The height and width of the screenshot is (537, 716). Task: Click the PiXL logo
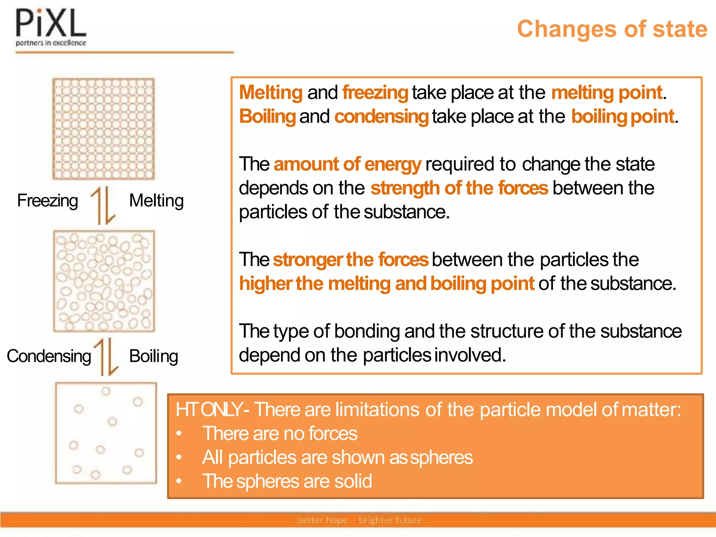tap(51, 27)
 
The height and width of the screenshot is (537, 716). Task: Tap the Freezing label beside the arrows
tap(48, 201)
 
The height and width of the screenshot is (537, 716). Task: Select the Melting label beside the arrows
tap(156, 201)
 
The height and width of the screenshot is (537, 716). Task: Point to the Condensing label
tap(49, 356)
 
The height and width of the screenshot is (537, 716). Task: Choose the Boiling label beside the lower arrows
tap(153, 356)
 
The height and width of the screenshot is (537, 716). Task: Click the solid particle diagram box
tap(103, 129)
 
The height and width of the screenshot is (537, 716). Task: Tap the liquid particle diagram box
tap(103, 281)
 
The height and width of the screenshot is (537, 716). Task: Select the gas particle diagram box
tap(106, 433)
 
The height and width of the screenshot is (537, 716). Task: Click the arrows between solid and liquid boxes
tap(103, 206)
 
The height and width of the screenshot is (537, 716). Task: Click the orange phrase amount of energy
tap(348, 164)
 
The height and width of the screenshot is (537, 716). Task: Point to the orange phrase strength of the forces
tap(459, 188)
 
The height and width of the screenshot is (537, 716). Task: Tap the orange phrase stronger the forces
tap(350, 259)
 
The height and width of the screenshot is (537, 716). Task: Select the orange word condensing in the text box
tap(381, 116)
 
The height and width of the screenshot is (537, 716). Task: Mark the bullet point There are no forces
tap(280, 434)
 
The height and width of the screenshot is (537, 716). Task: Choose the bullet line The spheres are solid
tap(287, 481)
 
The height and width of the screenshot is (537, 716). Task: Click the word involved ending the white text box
tap(470, 355)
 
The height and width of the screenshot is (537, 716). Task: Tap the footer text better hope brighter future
tap(359, 520)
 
